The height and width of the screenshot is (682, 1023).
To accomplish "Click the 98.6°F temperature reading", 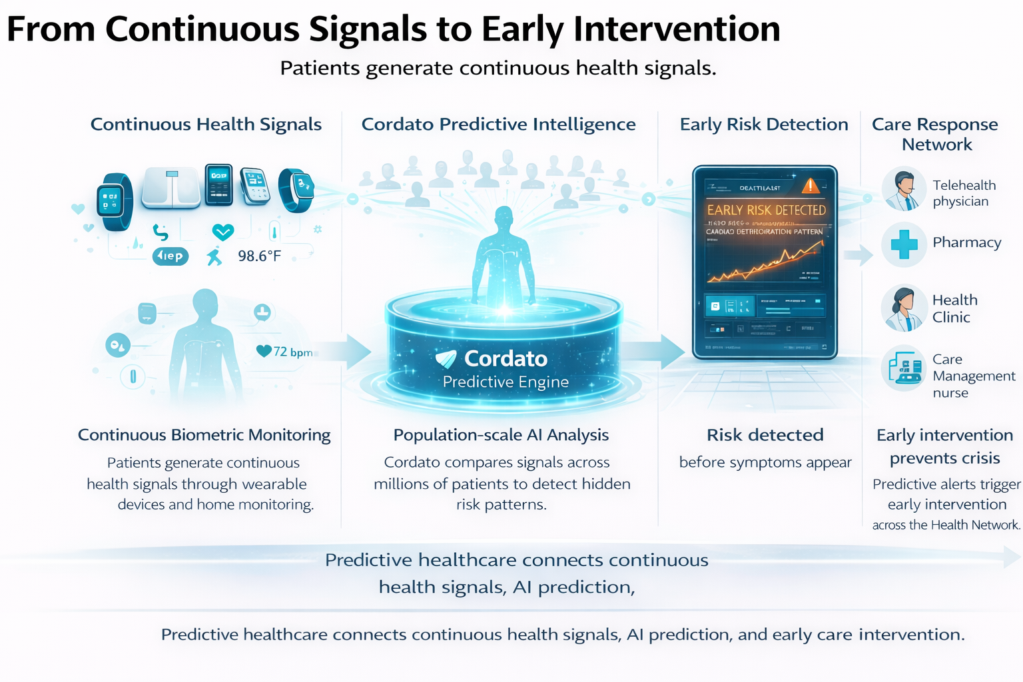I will (259, 256).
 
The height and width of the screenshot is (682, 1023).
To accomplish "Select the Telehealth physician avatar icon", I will (904, 190).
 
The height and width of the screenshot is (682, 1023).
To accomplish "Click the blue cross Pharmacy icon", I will (904, 244).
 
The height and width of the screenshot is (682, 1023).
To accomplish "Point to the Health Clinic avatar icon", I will (904, 308).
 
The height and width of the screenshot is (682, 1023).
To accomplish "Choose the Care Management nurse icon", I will (904, 368).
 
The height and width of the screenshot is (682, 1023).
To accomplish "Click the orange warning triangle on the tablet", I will (811, 186).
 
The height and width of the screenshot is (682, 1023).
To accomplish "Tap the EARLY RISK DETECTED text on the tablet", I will (766, 210).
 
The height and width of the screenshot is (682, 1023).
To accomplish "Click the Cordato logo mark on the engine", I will (446, 359).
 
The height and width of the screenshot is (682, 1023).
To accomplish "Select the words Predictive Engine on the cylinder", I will (506, 382).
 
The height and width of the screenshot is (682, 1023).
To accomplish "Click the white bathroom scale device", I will (171, 187).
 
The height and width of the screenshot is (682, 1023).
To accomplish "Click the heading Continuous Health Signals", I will (206, 125).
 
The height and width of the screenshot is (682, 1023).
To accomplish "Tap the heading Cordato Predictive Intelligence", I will (498, 125).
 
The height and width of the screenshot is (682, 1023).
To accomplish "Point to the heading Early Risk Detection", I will (764, 125).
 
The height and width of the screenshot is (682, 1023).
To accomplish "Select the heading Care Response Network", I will (935, 134).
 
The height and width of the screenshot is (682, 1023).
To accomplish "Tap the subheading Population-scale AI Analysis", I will (501, 435).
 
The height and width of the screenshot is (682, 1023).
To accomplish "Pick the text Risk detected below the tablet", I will (765, 435).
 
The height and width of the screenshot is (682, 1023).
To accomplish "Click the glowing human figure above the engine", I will (504, 256).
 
